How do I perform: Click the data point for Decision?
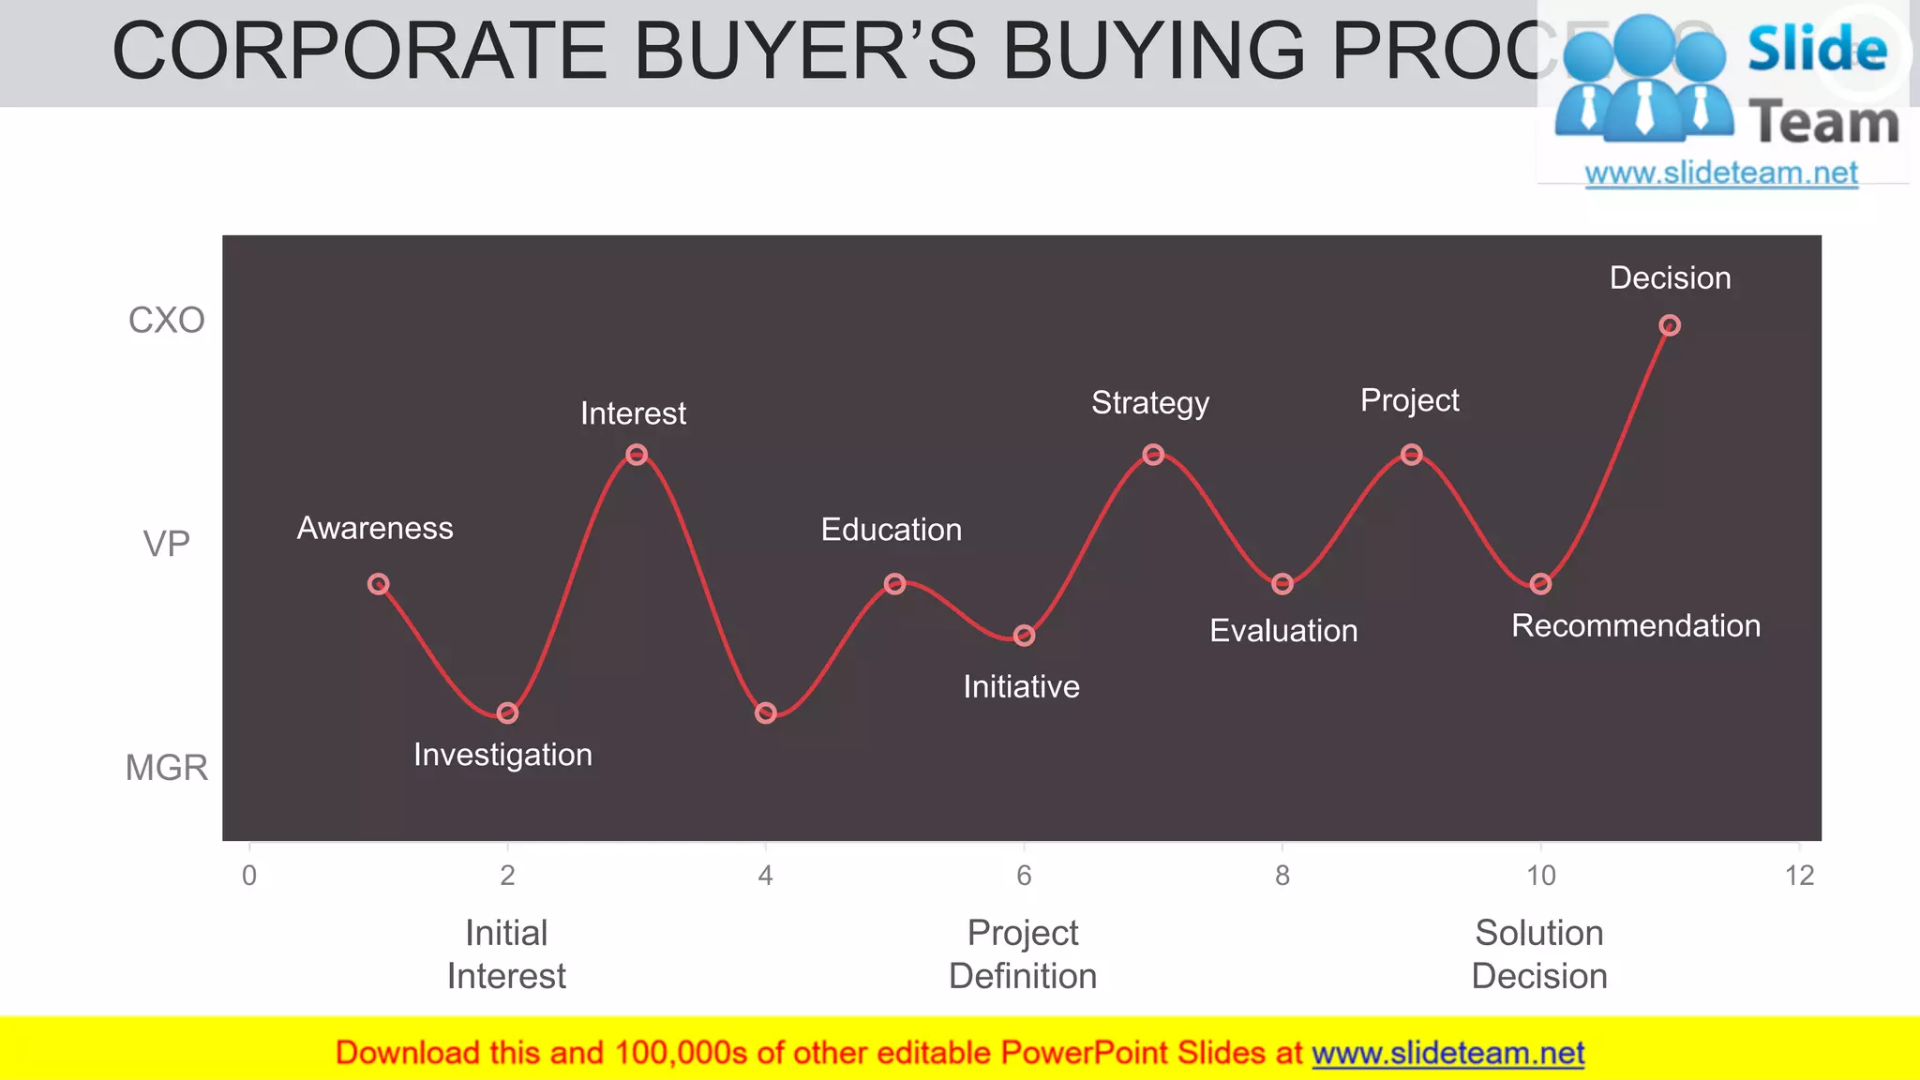pyautogui.click(x=1670, y=325)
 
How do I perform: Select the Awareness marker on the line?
pyautogui.click(x=378, y=584)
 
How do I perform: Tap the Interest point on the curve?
pyautogui.click(x=637, y=455)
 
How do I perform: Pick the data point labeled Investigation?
pyautogui.click(x=507, y=713)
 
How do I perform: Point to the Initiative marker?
pyautogui.click(x=1025, y=636)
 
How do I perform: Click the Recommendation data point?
pyautogui.click(x=1541, y=584)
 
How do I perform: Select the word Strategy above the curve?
pyautogui.click(x=1150, y=403)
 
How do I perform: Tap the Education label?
pyautogui.click(x=892, y=530)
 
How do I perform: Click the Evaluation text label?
pyautogui.click(x=1283, y=631)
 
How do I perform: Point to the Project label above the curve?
pyautogui.click(x=1410, y=400)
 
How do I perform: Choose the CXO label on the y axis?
pyautogui.click(x=166, y=321)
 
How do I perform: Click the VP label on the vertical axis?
pyautogui.click(x=166, y=544)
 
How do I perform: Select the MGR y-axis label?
pyautogui.click(x=166, y=768)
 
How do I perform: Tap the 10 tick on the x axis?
pyautogui.click(x=1541, y=876)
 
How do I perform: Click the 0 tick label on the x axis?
pyautogui.click(x=249, y=876)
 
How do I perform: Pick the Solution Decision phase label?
pyautogui.click(x=1539, y=954)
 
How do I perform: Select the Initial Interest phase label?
pyautogui.click(x=506, y=954)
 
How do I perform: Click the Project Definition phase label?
pyautogui.click(x=1023, y=954)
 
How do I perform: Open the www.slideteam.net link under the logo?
pyautogui.click(x=1721, y=173)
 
